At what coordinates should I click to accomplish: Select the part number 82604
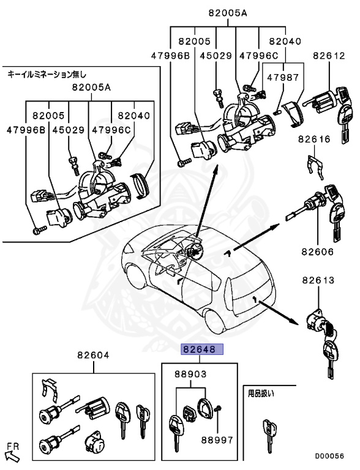click(x=93, y=356)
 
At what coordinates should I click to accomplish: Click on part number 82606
click(x=318, y=251)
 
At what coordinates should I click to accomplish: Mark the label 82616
click(x=315, y=140)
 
